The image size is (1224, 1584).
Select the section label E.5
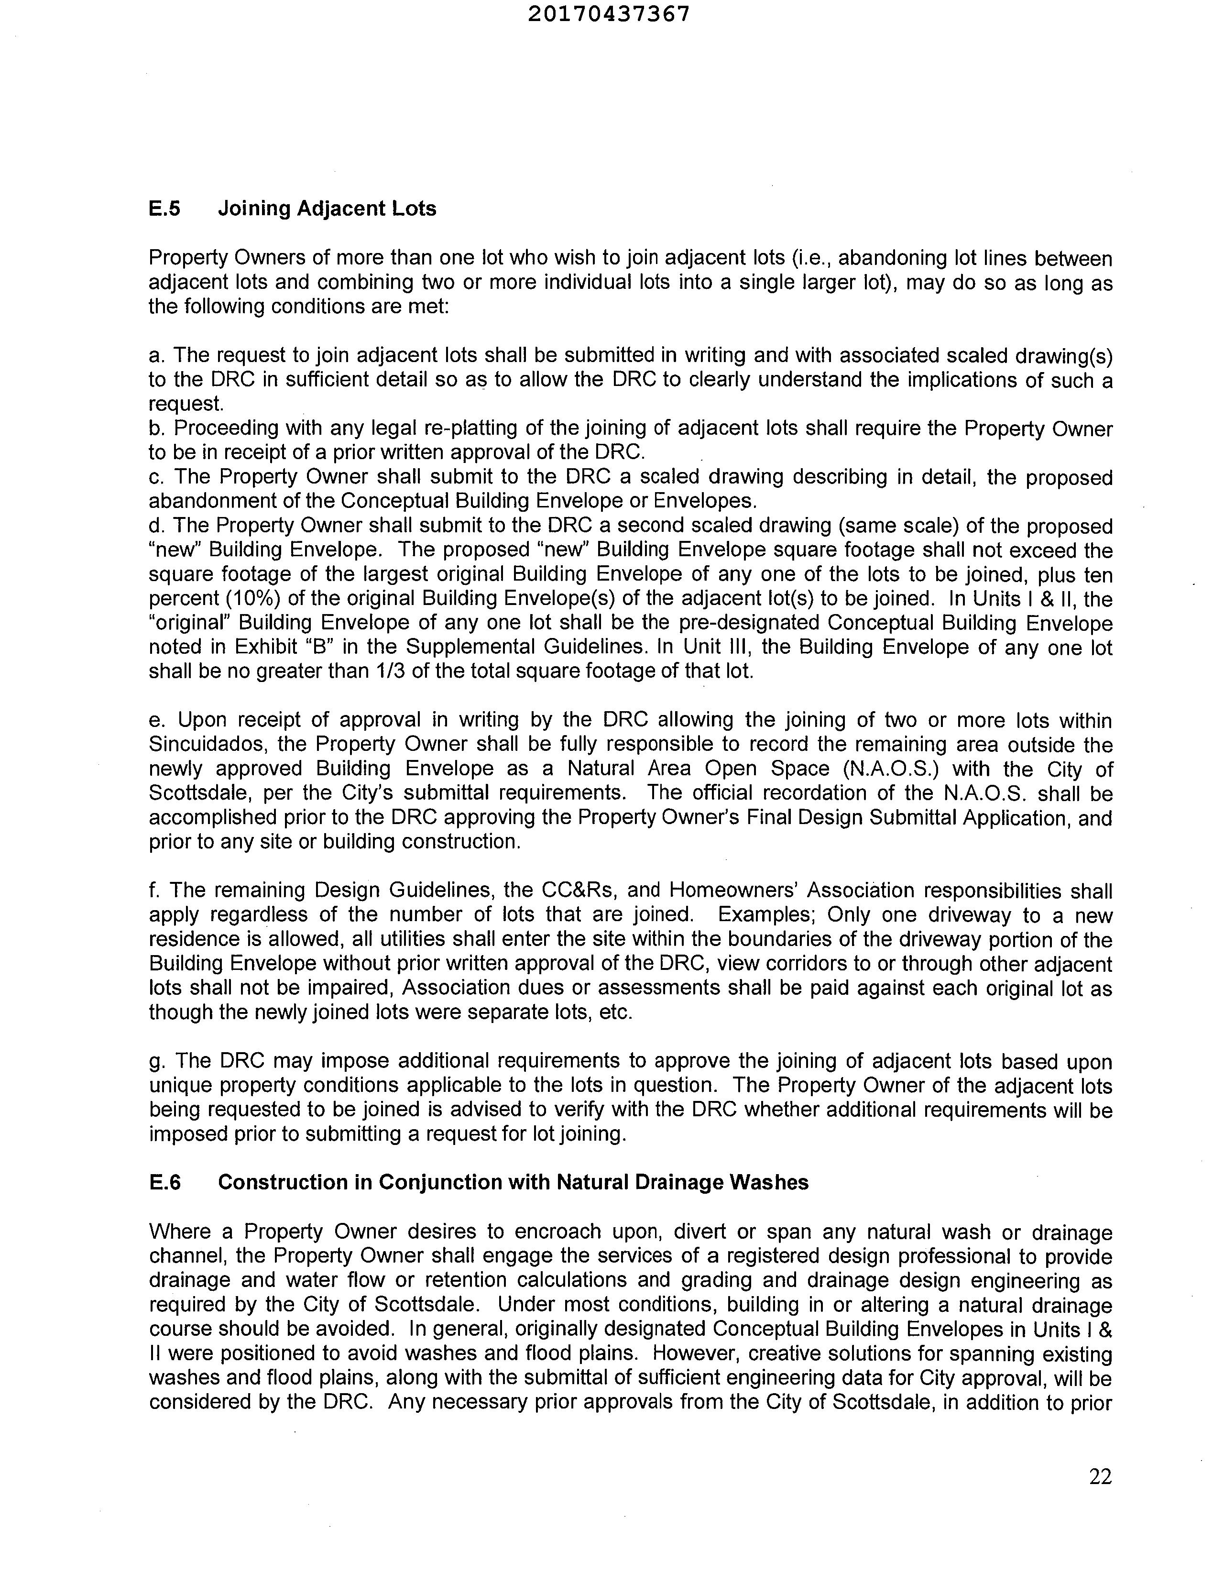(164, 209)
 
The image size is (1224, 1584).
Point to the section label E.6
(164, 1182)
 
